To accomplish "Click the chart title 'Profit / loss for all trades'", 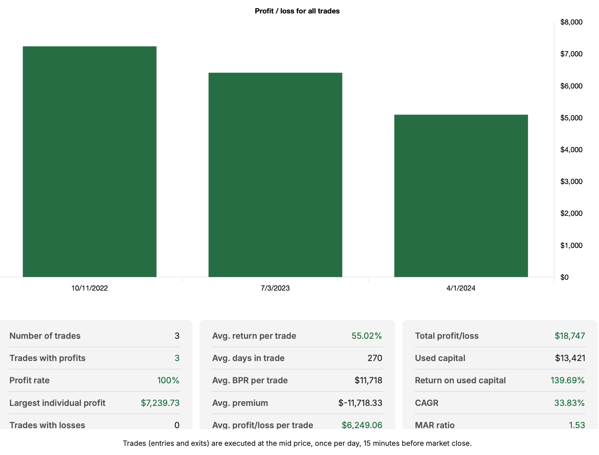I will click(x=297, y=11).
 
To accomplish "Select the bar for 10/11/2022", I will click(x=89, y=161).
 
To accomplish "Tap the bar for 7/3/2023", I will click(x=275, y=175).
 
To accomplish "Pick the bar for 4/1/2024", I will click(x=461, y=196).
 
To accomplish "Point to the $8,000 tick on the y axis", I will click(x=571, y=22).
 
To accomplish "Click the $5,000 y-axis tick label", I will click(x=571, y=118).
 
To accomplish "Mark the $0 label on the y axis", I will click(x=564, y=277).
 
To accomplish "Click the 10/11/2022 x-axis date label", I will click(x=89, y=288).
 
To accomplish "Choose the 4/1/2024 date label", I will click(x=461, y=288).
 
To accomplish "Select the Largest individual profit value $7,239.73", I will click(x=160, y=403).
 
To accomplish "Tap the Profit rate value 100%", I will click(x=168, y=380).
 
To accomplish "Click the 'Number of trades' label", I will click(x=45, y=336).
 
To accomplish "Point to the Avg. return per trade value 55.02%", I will click(x=366, y=336).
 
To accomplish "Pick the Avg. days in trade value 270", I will click(x=374, y=358).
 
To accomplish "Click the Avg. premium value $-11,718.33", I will click(x=360, y=403).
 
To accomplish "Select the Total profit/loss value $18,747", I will click(x=570, y=336).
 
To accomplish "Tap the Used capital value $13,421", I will click(x=570, y=358).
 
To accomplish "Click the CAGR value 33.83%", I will click(x=569, y=403).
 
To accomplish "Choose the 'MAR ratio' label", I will click(x=435, y=425).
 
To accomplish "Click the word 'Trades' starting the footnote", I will click(x=134, y=443).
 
